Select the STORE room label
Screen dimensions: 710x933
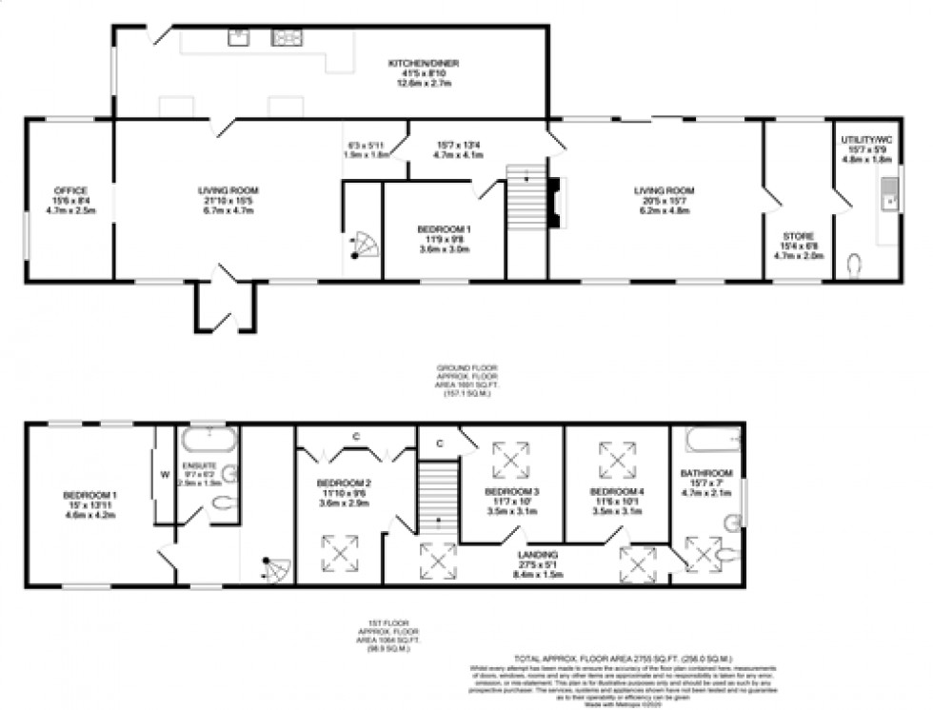797,236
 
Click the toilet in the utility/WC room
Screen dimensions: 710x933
853,263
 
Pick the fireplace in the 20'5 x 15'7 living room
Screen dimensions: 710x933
556,202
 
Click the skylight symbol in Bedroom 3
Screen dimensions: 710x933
511,462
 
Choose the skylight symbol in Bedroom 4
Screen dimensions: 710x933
617,461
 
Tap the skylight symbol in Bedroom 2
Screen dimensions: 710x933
340,553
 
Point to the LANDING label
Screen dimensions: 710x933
539,555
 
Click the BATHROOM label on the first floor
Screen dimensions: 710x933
705,473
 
